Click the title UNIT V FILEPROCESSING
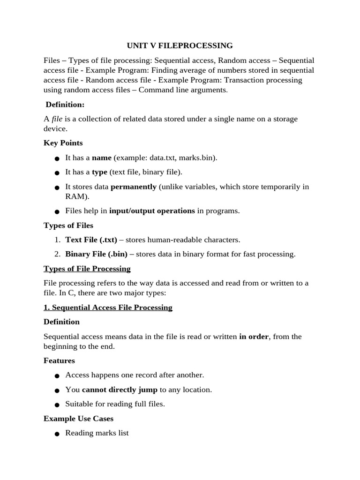pos(180,45)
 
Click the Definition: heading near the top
pos(65,105)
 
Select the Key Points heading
pos(63,142)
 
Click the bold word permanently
pos(134,187)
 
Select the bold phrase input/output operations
pos(152,211)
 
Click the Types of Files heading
pos(68,225)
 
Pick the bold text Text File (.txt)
pos(91,240)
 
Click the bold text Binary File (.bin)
pos(97,254)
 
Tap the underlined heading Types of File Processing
pos(87,269)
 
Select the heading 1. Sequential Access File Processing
pos(108,307)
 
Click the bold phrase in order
pos(254,337)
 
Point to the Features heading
pos(59,360)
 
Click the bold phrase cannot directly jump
pos(120,390)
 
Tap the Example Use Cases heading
pos(78,418)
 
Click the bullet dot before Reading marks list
pos(57,434)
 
